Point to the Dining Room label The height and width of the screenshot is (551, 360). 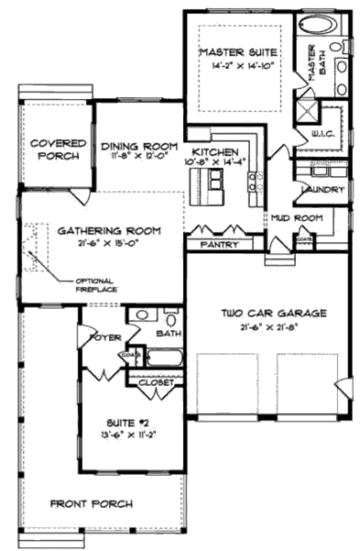tap(139, 146)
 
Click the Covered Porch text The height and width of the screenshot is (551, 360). tap(59, 149)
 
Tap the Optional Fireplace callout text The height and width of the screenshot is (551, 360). tap(95, 285)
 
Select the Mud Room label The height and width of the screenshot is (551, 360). tap(296, 217)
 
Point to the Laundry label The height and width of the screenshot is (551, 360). tap(322, 190)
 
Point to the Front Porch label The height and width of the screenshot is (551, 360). tap(91, 503)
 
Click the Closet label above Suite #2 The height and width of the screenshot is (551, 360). tap(156, 382)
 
